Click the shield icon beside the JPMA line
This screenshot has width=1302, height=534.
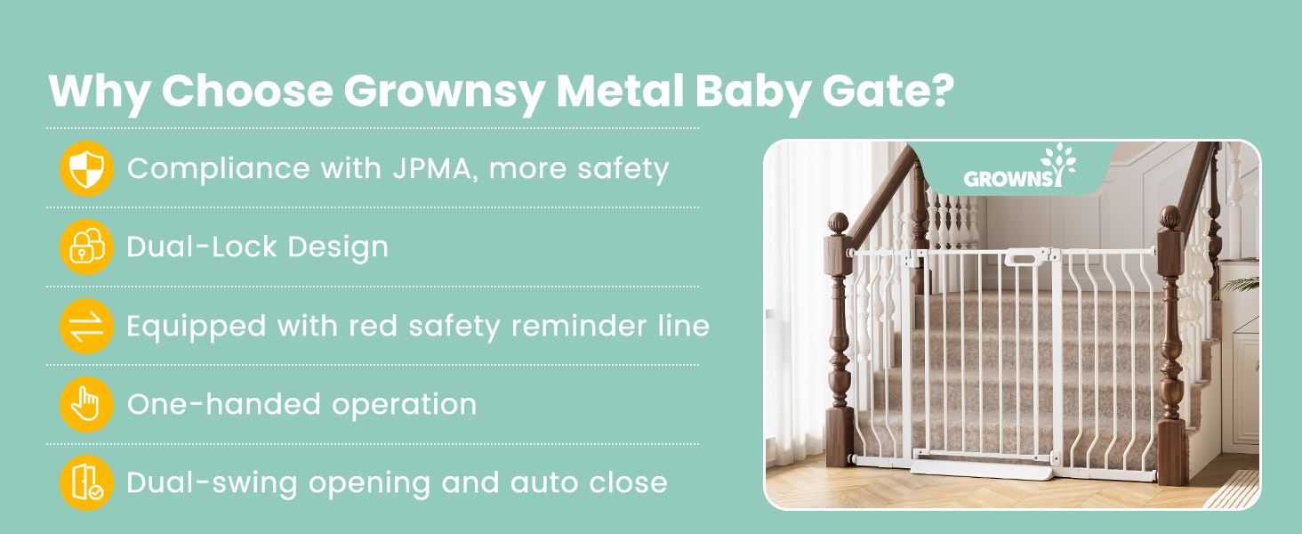86,169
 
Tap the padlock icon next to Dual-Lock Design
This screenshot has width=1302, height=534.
86,247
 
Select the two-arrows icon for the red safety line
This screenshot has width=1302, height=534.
86,327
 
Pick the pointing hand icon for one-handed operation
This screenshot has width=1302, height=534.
86,404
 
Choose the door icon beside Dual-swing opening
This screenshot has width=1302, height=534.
86,482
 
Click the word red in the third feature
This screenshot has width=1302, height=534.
374,327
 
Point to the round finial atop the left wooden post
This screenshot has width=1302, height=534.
838,223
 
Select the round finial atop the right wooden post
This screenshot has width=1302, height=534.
1170,217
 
